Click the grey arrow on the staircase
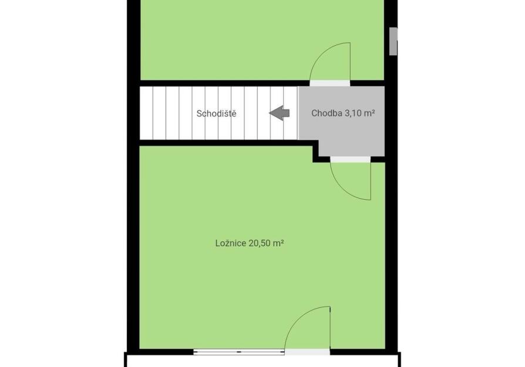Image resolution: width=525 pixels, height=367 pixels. [x=280, y=113]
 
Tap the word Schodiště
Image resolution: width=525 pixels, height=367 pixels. [x=216, y=113]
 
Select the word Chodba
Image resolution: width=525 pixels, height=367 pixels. [x=327, y=113]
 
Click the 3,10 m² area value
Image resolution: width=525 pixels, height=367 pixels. [x=359, y=113]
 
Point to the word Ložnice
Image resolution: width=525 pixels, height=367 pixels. [x=231, y=243]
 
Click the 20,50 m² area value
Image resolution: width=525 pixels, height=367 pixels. [x=266, y=243]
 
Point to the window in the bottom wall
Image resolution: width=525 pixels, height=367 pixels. [x=239, y=352]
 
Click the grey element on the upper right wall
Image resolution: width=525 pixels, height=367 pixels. [x=393, y=41]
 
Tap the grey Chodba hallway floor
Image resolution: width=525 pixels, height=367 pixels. [x=342, y=127]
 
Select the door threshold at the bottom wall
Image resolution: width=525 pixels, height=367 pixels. [x=307, y=352]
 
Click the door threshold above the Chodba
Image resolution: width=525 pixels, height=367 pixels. [x=330, y=83]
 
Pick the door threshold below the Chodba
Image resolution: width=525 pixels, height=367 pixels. [x=351, y=159]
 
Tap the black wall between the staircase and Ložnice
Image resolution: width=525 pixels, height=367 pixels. [x=226, y=143]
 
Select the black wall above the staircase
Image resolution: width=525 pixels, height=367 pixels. [x=224, y=83]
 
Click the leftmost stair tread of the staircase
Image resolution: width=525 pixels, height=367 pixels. [x=146, y=113]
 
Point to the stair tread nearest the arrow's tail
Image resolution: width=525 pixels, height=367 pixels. [x=291, y=113]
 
